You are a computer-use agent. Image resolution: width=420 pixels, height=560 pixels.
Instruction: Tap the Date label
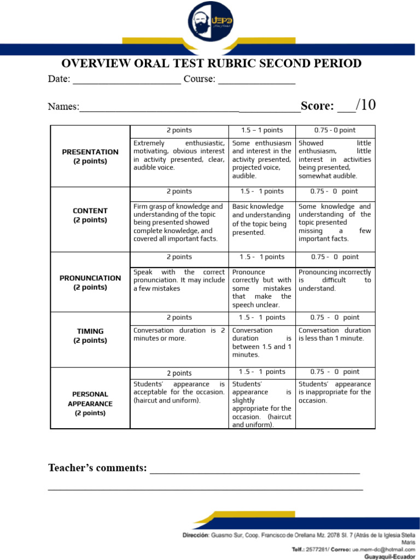pyautogui.click(x=59, y=79)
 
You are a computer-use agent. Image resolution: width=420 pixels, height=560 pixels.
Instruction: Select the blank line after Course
pyautogui.click(x=256, y=81)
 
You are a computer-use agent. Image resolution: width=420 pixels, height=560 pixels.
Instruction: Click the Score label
pyautogui.click(x=317, y=106)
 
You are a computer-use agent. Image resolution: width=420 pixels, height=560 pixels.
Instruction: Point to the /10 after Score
pyautogui.click(x=365, y=105)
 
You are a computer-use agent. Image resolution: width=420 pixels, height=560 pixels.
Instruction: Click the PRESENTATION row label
pyautogui.click(x=90, y=156)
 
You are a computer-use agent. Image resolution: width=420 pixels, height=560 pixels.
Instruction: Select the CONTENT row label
pyautogui.click(x=90, y=215)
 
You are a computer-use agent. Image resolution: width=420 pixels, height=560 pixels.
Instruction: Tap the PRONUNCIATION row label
pyautogui.click(x=90, y=282)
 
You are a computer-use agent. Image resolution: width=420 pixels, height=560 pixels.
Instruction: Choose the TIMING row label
pyautogui.click(x=90, y=335)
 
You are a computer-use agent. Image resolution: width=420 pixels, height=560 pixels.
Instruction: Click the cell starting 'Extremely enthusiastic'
pyautogui.click(x=179, y=155)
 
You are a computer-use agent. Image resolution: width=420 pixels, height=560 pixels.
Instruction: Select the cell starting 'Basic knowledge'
pyautogui.click(x=261, y=219)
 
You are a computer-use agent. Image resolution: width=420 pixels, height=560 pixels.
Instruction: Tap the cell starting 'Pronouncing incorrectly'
pyautogui.click(x=334, y=280)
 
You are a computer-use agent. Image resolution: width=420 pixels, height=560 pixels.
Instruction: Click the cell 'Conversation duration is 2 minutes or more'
pyautogui.click(x=179, y=334)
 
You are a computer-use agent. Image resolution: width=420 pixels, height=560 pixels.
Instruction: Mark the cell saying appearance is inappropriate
pyautogui.click(x=334, y=392)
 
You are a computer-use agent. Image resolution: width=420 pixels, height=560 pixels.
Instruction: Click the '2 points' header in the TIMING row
pyautogui.click(x=179, y=317)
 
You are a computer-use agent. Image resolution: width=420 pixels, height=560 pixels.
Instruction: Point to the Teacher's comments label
pyautogui.click(x=97, y=468)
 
